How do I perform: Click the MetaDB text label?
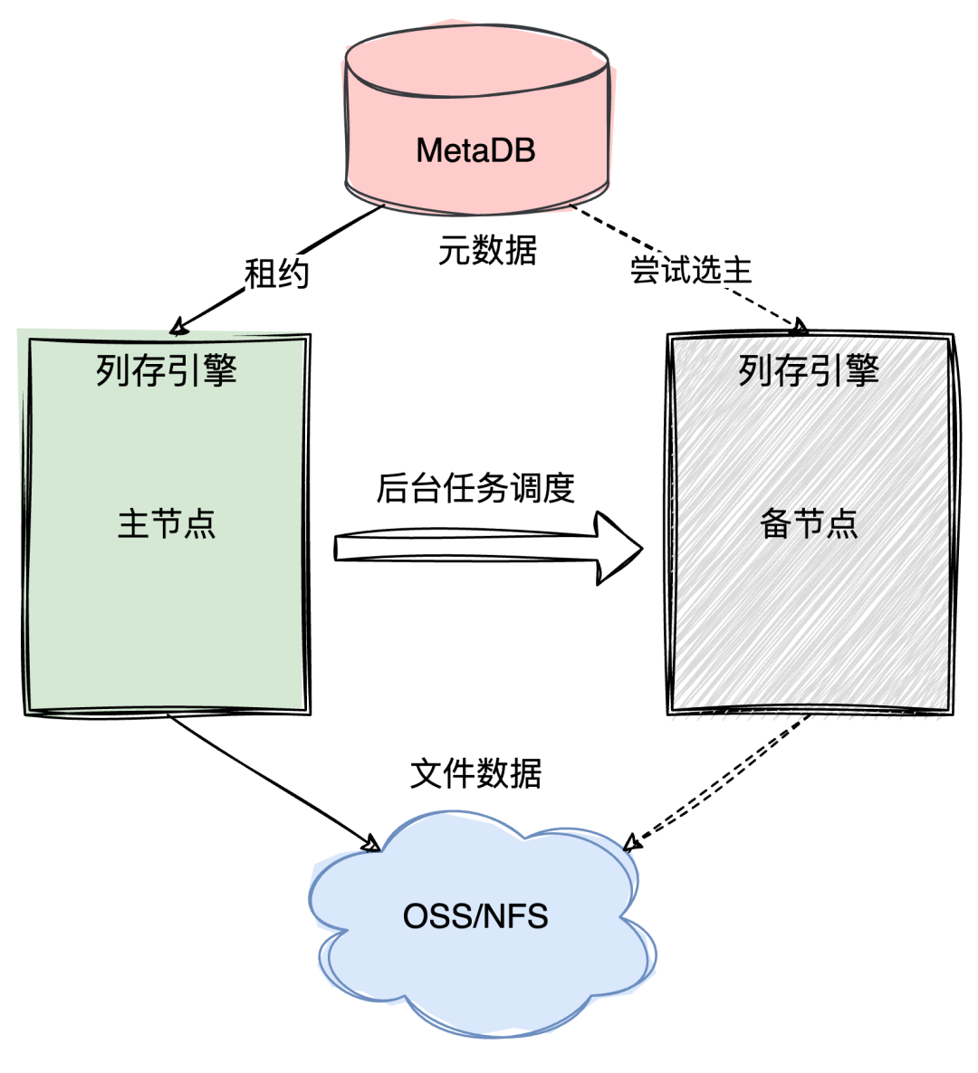[x=475, y=150]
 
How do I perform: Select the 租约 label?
[x=277, y=273]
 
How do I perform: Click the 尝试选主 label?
[x=692, y=270]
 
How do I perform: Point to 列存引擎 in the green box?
[x=167, y=370]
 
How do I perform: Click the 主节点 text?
[x=167, y=524]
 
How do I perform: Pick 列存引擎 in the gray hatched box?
[x=809, y=370]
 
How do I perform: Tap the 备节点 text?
[x=809, y=524]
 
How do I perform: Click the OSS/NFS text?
[x=475, y=916]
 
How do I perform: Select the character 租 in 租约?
[x=261, y=273]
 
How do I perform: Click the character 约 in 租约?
[x=294, y=273]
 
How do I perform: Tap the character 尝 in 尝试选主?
[x=646, y=270]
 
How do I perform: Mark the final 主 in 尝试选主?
[x=739, y=270]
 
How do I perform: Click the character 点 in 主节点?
[x=200, y=524]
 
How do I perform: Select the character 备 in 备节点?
[x=776, y=524]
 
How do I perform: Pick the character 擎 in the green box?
[x=220, y=370]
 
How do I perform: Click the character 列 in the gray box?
[x=755, y=370]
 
